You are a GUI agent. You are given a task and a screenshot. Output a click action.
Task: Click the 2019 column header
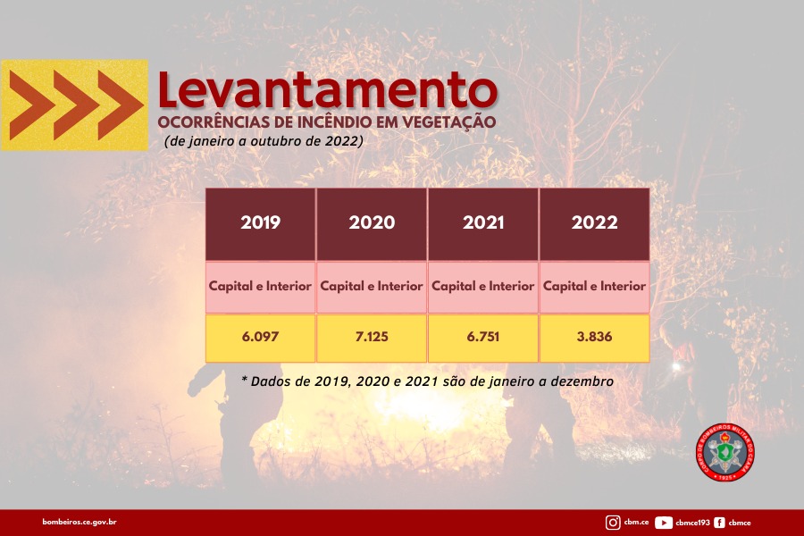261,223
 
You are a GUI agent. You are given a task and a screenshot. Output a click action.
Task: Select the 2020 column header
372,223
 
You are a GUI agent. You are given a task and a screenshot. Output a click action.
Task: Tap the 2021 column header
483,223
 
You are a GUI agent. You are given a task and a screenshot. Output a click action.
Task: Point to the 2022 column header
595,223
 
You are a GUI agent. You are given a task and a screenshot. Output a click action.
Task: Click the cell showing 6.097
261,338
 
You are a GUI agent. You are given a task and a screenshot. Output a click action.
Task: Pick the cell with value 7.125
372,338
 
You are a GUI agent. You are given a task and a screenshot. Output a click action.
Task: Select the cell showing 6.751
483,338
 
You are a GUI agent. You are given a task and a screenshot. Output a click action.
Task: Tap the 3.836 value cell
595,338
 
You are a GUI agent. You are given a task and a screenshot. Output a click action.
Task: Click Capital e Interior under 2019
261,287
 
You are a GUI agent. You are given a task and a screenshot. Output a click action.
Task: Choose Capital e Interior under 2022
595,287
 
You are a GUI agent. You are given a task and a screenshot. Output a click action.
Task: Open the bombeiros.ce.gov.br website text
80,522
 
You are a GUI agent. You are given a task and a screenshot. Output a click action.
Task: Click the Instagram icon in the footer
613,523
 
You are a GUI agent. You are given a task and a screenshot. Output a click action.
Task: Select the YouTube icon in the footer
664,523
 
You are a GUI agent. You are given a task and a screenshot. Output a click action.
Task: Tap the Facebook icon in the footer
719,523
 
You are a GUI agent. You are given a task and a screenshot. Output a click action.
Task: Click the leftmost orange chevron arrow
29,105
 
